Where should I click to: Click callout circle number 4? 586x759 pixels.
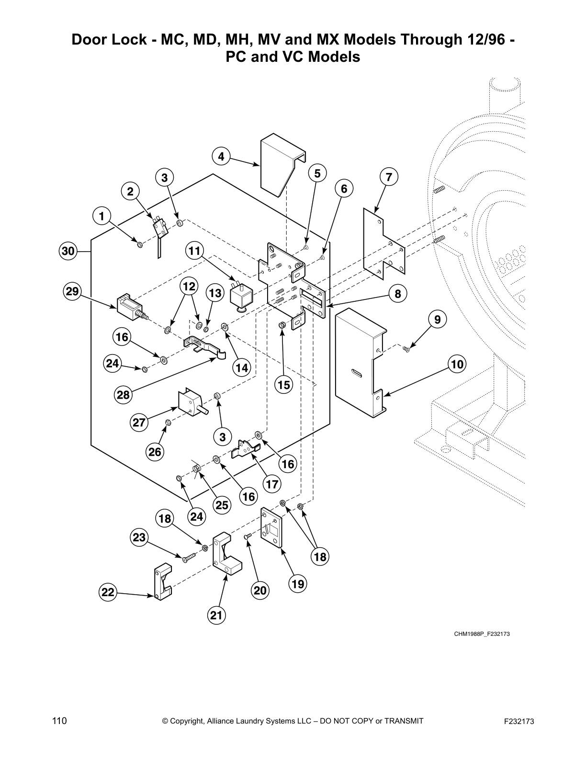point(221,156)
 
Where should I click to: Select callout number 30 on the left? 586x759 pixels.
point(68,251)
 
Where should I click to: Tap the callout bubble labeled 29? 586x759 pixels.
point(72,291)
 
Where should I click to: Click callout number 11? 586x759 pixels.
point(194,250)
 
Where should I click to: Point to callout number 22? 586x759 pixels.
point(108,593)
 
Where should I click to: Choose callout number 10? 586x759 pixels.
point(457,364)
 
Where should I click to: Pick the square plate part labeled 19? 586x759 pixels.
point(272,527)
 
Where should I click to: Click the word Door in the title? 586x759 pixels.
point(90,40)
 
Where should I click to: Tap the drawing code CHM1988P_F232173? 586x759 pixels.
point(482,634)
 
